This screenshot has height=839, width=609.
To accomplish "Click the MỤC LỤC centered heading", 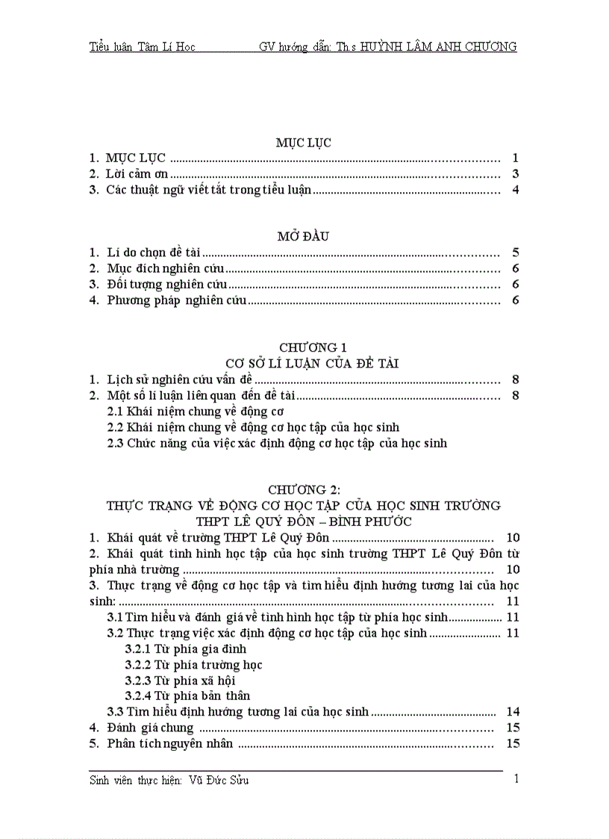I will coord(303,142).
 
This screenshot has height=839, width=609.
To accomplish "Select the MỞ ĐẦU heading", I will coord(303,236).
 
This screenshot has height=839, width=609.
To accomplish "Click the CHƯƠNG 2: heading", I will coord(304,489).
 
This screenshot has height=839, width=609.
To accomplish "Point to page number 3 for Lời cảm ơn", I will coord(515,174).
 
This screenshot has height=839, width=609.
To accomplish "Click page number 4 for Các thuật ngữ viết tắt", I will coord(515,190).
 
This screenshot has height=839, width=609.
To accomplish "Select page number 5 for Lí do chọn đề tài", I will coord(515,253).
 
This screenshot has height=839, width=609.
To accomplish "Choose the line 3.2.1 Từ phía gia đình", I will coord(185,649).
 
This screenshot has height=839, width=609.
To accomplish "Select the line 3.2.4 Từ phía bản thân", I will coord(187,696).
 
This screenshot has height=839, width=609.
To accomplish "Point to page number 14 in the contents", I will coord(512,712).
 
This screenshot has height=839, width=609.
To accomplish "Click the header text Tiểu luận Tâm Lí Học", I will coord(142,47).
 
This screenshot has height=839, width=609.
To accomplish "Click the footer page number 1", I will coord(516,780).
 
